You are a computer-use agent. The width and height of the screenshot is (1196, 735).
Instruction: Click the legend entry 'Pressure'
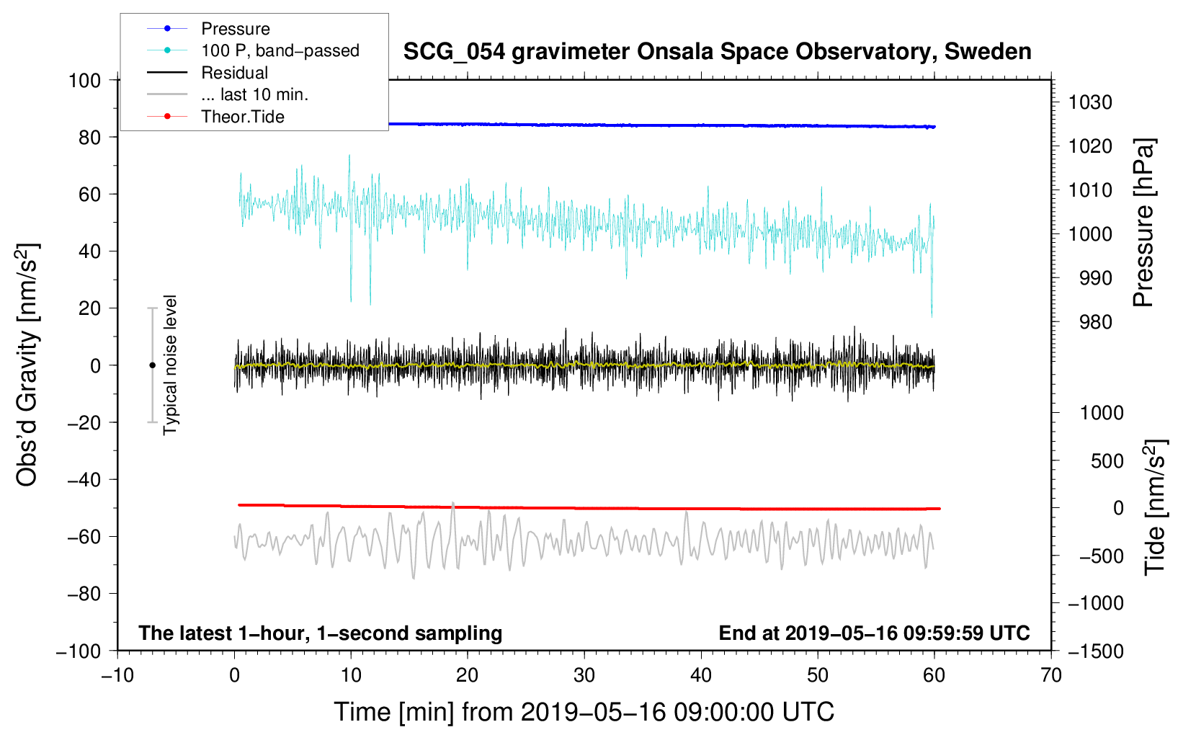(235, 29)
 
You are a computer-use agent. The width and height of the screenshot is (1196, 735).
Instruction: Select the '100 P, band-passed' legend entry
(280, 50)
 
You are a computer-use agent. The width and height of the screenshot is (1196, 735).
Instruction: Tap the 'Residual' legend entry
(234, 73)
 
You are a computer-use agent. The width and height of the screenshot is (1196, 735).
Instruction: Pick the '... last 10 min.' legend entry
(254, 94)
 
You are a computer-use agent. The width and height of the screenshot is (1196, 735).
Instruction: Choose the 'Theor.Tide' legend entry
(242, 117)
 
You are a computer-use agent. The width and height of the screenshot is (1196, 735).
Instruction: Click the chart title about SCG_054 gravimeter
(717, 52)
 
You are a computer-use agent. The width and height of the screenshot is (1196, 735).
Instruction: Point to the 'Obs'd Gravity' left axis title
(27, 365)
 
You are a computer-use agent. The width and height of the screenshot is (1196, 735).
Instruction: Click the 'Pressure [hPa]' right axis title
(1143, 223)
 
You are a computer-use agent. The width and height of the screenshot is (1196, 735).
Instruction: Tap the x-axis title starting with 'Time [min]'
(584, 712)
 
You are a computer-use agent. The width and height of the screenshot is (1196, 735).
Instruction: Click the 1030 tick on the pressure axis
(1090, 102)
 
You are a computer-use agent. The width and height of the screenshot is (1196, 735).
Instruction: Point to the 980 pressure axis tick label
(1095, 322)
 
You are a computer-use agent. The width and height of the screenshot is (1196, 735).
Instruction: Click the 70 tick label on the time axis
(1051, 675)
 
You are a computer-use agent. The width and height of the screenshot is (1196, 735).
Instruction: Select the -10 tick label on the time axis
(117, 675)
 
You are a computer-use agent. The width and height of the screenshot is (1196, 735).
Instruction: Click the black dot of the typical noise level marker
(152, 365)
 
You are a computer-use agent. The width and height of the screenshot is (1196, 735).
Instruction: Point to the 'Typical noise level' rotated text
(170, 365)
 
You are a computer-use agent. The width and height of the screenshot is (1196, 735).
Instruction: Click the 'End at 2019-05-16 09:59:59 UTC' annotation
(874, 633)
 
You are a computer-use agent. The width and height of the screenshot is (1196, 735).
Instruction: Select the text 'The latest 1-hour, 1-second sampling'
(320, 633)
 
